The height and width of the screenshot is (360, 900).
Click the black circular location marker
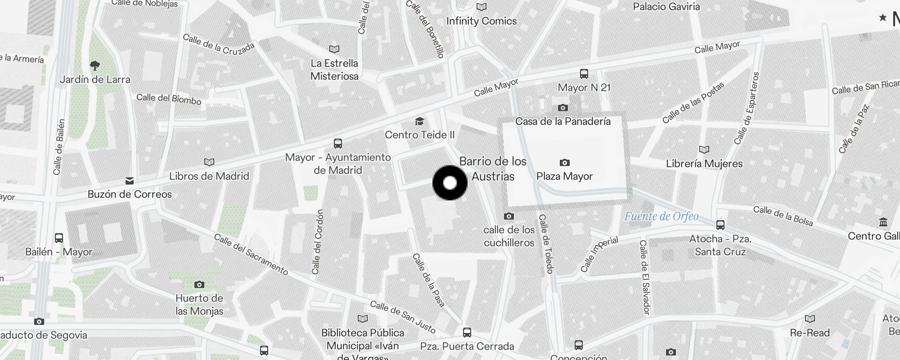point(450,183)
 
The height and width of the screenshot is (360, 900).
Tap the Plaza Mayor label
point(564,176)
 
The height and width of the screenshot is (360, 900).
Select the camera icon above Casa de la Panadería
point(562,108)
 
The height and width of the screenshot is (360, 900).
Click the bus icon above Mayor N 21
point(584,73)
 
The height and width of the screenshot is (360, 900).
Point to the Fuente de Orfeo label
point(661,216)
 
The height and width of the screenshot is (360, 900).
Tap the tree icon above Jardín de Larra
point(94,66)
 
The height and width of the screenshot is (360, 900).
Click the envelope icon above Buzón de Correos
point(130,181)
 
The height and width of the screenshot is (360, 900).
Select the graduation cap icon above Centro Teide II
point(419,121)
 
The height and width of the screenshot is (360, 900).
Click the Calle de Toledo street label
point(546,244)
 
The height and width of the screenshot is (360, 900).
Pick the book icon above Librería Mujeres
point(704,149)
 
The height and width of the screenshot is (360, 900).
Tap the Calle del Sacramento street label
point(251,254)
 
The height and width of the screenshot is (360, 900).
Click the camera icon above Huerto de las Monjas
point(199,284)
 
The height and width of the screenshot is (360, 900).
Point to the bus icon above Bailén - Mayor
point(58,238)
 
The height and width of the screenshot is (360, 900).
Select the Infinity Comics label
point(481,21)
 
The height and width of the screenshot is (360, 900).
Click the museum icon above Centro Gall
point(882,222)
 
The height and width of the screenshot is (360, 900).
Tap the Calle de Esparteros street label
point(747,108)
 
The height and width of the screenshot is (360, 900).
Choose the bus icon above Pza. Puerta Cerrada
point(467,333)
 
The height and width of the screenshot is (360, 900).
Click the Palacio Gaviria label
point(666,6)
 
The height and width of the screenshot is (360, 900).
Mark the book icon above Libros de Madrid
point(209,162)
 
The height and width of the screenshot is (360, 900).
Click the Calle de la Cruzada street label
point(219,44)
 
